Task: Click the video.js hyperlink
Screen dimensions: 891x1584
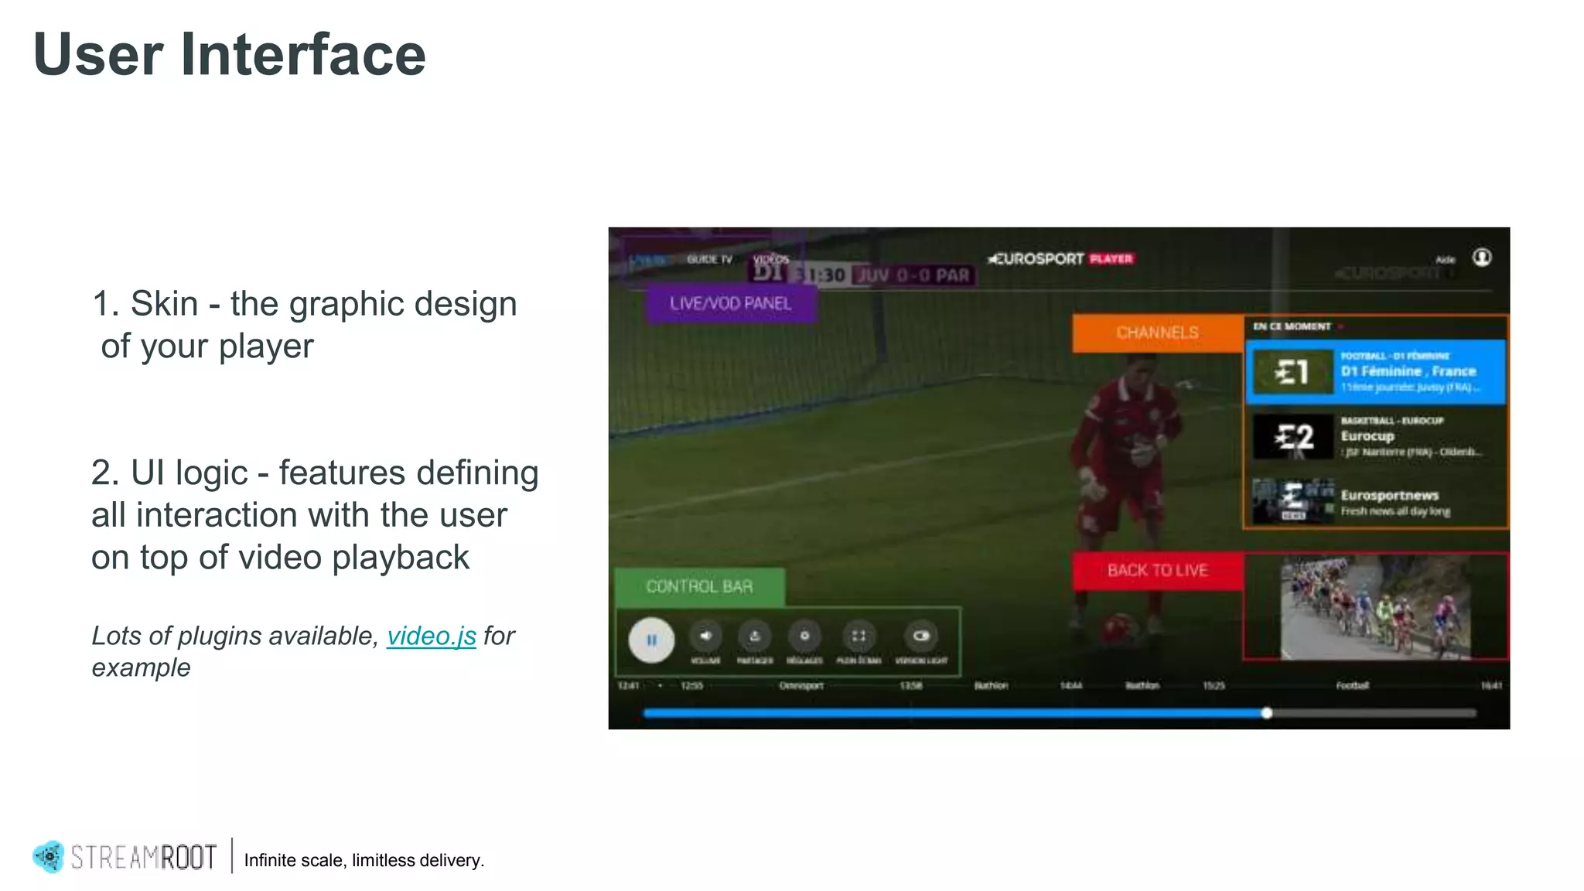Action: click(431, 636)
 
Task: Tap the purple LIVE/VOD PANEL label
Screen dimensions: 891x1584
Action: click(730, 303)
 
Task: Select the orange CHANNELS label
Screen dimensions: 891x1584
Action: click(1157, 333)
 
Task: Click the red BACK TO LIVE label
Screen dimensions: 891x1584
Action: click(1157, 571)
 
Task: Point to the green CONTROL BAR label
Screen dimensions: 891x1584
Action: click(699, 587)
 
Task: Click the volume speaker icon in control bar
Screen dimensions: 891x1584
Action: click(705, 636)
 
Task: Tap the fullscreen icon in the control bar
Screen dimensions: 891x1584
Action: click(859, 636)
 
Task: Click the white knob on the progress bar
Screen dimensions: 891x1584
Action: click(1267, 713)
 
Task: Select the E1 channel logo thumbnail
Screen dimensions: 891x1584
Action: click(1292, 372)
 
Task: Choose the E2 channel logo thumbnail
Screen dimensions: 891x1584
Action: click(1294, 436)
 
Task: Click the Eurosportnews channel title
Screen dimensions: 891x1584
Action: click(1389, 495)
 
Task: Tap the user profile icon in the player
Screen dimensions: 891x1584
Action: click(1482, 258)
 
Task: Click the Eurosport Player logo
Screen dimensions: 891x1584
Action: click(1060, 259)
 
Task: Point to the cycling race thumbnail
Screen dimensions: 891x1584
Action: click(1375, 608)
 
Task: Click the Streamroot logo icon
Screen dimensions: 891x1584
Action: click(49, 857)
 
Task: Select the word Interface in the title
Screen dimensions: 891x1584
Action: click(302, 55)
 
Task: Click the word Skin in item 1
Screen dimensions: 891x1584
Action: click(164, 304)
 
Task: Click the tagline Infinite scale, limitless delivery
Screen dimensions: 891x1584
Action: click(364, 860)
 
